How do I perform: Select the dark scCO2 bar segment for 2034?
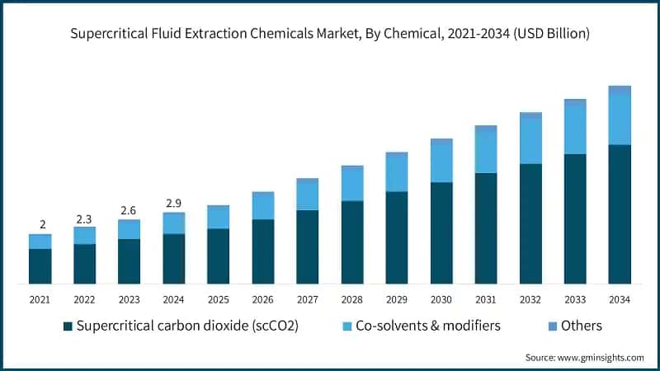coord(620,214)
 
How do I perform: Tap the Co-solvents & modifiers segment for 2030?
coord(441,162)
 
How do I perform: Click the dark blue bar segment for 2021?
coord(40,265)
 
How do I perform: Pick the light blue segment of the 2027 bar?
coord(308,195)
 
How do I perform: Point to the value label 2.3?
coord(85,219)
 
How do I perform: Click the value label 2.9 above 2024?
coord(174,203)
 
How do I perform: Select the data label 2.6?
coord(130,210)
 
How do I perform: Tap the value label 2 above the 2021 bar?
coord(40,225)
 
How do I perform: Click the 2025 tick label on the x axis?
coord(219,299)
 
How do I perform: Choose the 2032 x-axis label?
coord(530,299)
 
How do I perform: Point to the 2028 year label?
coord(352,299)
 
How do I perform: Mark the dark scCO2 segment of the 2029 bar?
coord(397,237)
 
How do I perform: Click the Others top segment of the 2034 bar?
coord(620,89)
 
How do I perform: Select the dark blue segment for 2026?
coord(263,251)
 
